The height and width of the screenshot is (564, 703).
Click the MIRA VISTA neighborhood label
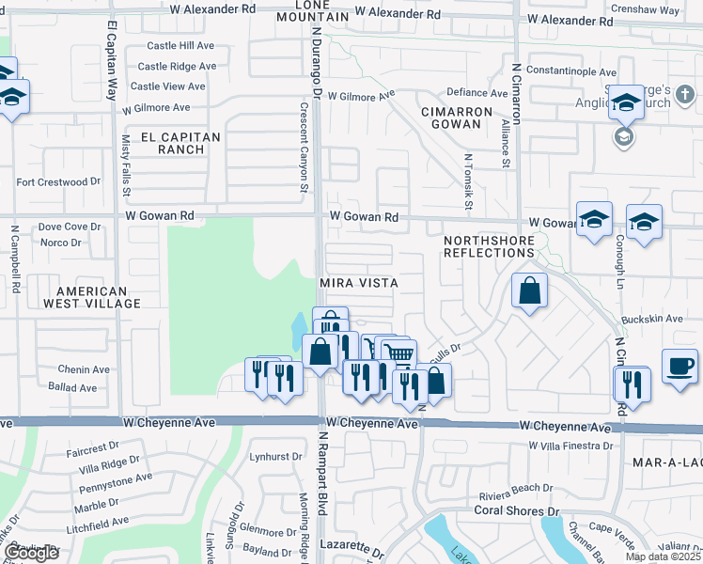coord(359,282)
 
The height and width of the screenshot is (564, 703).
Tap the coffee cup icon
coord(679,366)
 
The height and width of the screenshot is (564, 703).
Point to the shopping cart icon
coord(399,354)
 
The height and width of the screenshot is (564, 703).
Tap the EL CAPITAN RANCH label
coord(180,143)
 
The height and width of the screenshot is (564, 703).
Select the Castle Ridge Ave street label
coord(177,66)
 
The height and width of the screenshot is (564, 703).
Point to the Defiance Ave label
coord(476,92)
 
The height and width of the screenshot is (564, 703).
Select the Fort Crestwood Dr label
coord(58,181)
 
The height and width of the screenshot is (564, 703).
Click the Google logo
coord(31,553)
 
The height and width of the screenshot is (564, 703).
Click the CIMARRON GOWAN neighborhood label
coord(457,117)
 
